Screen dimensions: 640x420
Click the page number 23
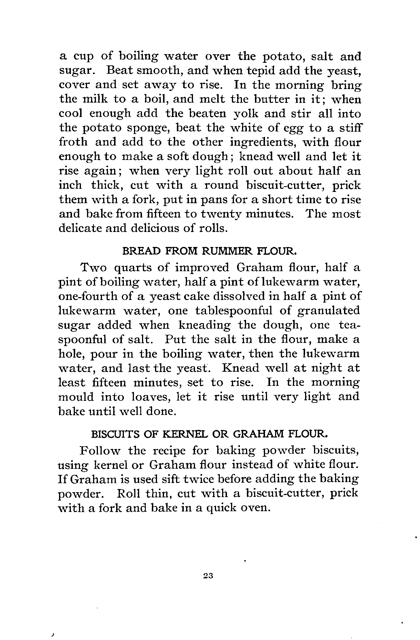[207, 576]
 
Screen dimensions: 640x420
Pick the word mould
[76, 397]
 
